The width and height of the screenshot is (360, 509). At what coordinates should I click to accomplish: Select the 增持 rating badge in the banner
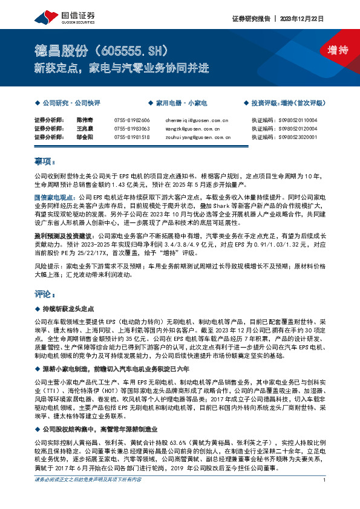(329, 51)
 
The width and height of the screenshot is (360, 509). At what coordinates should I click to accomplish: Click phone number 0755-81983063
(131, 129)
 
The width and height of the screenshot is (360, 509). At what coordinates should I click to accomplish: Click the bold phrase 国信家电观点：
(53, 197)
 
